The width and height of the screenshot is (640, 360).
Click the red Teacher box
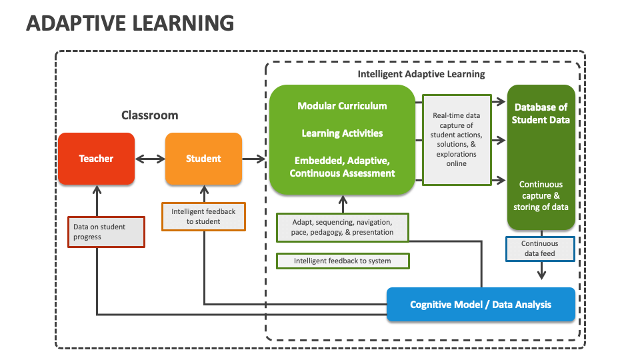(x=96, y=159)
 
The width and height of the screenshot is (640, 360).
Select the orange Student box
(x=203, y=159)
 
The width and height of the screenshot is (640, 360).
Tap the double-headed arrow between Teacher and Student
(x=150, y=159)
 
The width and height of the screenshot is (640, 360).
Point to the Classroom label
(x=149, y=115)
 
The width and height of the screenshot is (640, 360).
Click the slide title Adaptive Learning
(x=130, y=23)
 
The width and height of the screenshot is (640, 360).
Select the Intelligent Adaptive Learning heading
(x=421, y=74)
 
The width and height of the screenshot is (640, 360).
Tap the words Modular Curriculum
(x=342, y=106)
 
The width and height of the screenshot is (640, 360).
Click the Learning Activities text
(x=342, y=133)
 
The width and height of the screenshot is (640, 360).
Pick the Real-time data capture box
(x=457, y=139)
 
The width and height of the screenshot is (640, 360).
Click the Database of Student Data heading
(x=541, y=114)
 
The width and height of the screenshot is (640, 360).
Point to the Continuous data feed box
(x=540, y=249)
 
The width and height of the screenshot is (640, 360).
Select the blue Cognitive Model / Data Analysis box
(x=481, y=305)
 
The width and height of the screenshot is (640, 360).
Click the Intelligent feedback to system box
(x=343, y=261)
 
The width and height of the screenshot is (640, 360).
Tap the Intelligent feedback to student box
(x=203, y=217)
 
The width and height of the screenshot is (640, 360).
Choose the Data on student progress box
(x=106, y=232)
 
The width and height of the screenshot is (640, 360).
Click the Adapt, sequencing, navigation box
(x=343, y=227)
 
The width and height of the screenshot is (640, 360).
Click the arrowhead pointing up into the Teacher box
(x=97, y=189)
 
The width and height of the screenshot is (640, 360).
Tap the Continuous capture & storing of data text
(x=541, y=195)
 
